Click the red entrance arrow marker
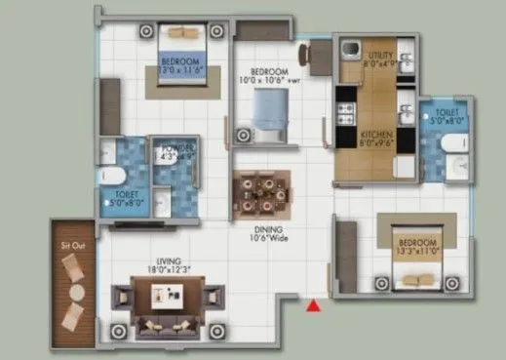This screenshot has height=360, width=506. [314, 307]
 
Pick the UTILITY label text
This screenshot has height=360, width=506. [380, 59]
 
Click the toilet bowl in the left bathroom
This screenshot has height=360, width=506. [111, 176]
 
